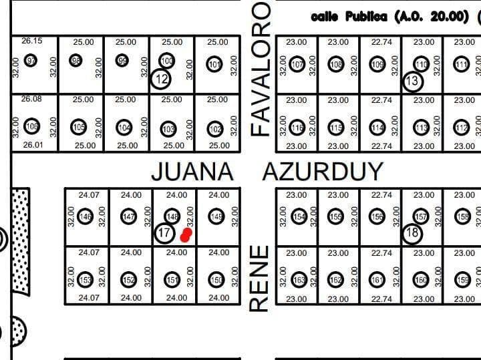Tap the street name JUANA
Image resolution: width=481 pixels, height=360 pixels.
[192, 172]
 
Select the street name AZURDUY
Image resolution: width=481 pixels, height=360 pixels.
[323, 172]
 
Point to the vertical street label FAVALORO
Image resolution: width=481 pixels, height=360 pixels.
[261, 69]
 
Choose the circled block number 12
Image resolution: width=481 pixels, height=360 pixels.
[161, 79]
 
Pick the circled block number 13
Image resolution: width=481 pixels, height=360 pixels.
[413, 81]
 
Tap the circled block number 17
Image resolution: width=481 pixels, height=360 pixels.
[164, 233]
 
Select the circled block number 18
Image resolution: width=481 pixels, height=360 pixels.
[412, 233]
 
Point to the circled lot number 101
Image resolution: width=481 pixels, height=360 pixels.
[214, 65]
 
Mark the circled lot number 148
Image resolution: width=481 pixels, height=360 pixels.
[172, 216]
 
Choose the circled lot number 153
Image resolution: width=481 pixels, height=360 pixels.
[85, 279]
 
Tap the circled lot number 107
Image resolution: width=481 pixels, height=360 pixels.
[297, 65]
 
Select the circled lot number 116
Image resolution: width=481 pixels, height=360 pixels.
[297, 128]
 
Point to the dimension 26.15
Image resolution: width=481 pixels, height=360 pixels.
[31, 41]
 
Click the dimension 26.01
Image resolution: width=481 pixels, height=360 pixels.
[31, 145]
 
